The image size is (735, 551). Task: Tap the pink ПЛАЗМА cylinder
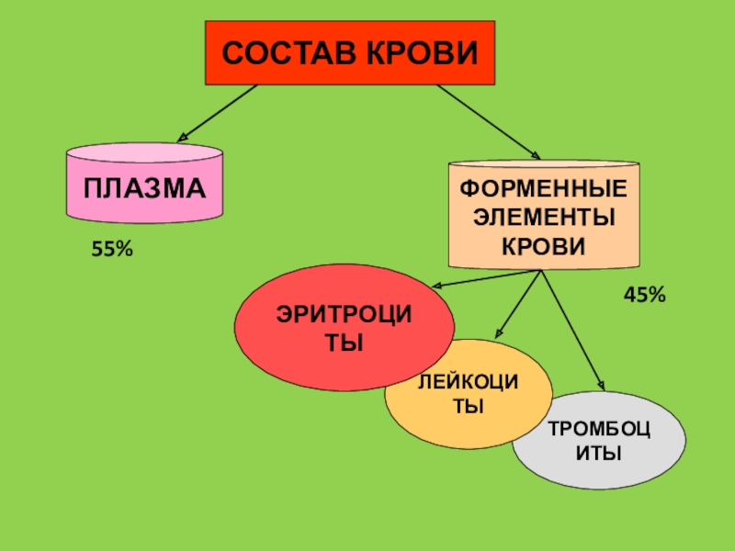145,188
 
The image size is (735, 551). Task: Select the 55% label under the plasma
112,249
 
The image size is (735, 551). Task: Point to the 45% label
644,295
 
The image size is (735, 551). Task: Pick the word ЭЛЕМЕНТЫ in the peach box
543,219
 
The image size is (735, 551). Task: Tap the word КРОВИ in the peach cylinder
543,246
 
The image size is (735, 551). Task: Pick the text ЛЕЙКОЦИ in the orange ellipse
468,381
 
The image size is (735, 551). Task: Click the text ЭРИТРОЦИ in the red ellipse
345,316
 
